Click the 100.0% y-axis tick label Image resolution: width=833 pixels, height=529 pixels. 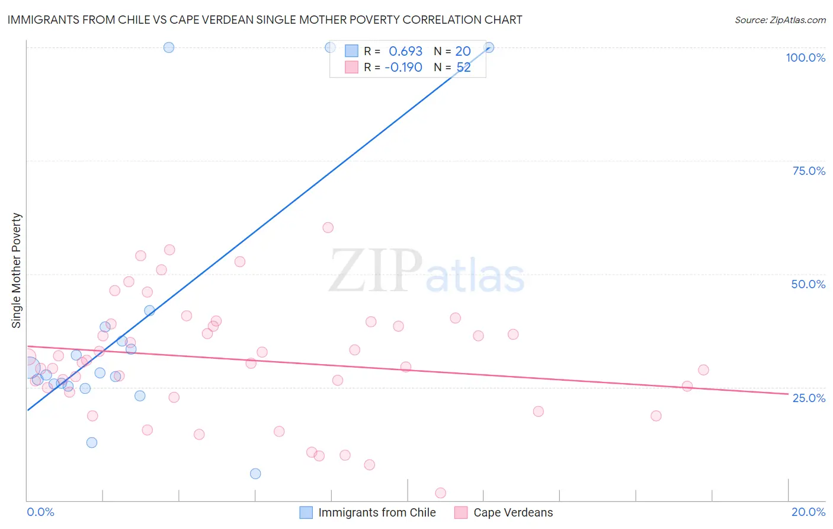click(805, 58)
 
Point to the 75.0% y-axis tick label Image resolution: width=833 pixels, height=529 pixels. click(809, 171)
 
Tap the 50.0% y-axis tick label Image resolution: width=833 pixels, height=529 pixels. click(808, 284)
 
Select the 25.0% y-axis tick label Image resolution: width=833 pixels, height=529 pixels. click(809, 397)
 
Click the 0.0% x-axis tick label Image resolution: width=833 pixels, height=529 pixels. click(40, 512)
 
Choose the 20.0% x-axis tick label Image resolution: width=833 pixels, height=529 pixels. click(808, 512)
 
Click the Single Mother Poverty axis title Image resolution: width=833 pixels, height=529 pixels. click(17, 270)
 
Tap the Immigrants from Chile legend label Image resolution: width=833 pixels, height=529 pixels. click(377, 512)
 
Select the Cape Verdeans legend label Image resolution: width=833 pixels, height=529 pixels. click(513, 512)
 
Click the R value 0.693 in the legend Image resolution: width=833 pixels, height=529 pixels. click(405, 52)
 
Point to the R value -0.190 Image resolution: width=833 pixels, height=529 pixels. click(403, 68)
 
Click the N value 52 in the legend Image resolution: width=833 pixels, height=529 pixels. click(463, 68)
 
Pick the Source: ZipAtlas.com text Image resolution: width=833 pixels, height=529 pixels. click(780, 20)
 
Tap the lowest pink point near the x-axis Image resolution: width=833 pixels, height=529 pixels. click(440, 493)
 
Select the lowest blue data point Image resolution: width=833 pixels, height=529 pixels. click(255, 473)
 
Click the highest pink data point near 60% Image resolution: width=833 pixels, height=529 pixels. click(328, 228)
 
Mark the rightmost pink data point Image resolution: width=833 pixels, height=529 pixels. click(703, 370)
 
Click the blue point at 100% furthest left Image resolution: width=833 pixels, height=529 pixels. click(169, 47)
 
